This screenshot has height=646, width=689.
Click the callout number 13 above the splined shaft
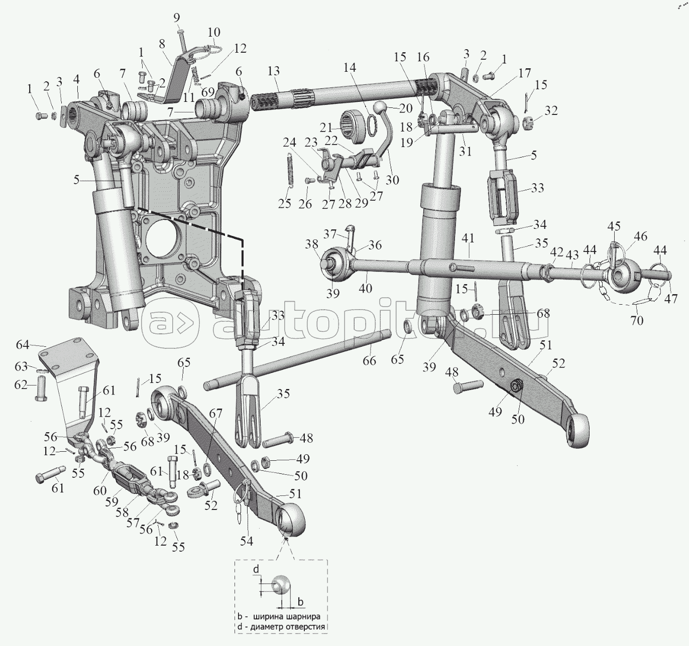[x=274, y=71]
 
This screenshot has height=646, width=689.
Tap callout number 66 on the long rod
[x=369, y=360]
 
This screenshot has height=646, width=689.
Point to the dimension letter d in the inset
[x=256, y=569]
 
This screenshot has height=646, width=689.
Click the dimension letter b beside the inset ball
[x=300, y=601]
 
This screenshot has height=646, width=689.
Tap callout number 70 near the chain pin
[x=636, y=320]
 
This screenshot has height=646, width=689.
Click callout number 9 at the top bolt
[x=176, y=18]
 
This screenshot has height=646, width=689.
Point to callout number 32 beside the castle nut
[x=551, y=110]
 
